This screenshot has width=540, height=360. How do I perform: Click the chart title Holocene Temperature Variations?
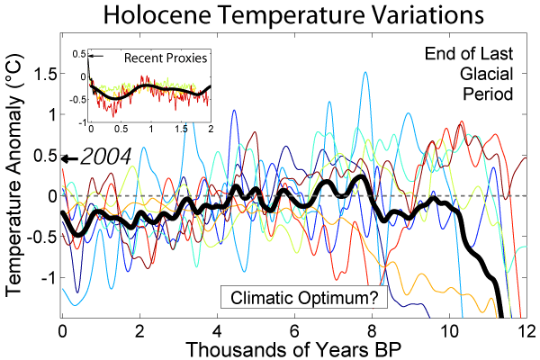tap(269, 15)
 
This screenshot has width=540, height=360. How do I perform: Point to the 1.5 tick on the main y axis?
tap(42, 74)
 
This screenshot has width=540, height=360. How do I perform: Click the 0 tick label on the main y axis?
tap(51, 195)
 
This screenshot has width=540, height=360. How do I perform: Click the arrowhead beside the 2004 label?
tap(66, 158)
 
